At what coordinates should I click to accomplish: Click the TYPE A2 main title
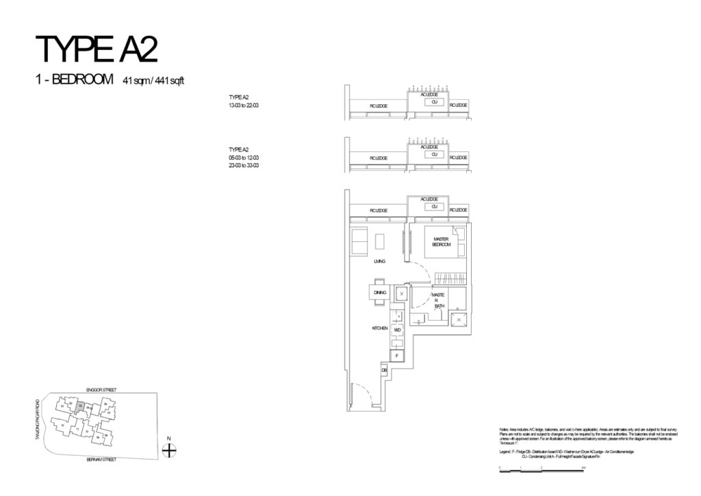[97, 50]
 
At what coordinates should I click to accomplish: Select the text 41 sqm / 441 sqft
[153, 82]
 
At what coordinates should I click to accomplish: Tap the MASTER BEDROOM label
[441, 242]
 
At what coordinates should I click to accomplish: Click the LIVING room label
[379, 262]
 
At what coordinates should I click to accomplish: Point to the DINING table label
[379, 293]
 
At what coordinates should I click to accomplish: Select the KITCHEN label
[380, 329]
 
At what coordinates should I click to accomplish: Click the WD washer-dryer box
[397, 330]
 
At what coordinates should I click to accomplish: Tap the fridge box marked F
[396, 356]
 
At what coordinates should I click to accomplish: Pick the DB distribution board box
[384, 371]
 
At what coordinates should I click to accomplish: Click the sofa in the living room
[359, 241]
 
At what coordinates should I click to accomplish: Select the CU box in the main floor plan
[433, 206]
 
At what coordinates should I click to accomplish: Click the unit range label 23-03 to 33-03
[244, 165]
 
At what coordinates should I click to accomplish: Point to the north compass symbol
[169, 449]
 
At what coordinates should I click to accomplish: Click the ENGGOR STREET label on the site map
[101, 389]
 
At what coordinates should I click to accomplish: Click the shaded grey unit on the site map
[80, 406]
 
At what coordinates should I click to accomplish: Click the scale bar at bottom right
[541, 467]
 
